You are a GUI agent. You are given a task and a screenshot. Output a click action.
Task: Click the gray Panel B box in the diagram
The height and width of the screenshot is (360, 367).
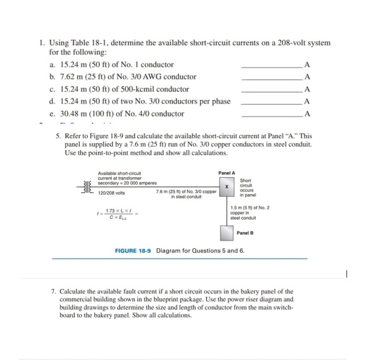[x=227, y=232]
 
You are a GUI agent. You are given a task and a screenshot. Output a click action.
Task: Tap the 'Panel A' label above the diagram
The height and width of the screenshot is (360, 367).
[x=227, y=173]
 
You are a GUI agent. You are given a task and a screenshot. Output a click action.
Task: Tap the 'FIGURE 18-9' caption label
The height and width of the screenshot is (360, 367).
[x=133, y=250]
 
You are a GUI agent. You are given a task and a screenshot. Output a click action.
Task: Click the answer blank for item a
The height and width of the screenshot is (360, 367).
[x=271, y=65]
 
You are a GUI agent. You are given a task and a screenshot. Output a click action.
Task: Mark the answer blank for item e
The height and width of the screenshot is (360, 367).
[x=271, y=114]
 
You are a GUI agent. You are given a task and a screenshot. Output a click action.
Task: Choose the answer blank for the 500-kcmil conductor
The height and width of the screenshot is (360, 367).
[x=271, y=89]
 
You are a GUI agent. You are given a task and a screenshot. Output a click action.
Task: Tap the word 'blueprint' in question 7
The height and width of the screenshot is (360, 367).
[x=206, y=300]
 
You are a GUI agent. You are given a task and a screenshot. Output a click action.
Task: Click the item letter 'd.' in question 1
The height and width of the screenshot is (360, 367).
[x=52, y=101]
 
